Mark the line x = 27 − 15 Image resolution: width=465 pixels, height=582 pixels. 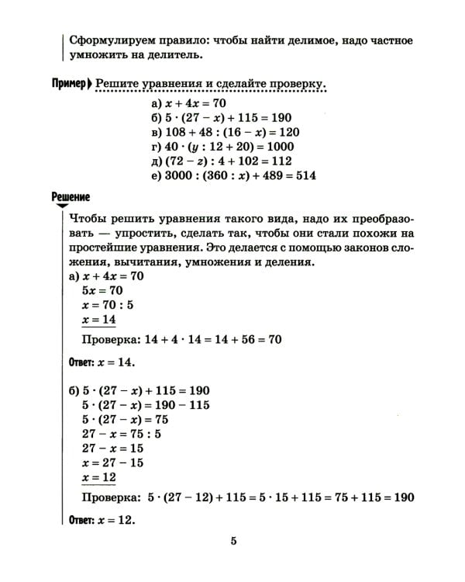[x=112, y=463]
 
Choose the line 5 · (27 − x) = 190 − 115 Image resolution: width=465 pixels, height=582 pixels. [x=145, y=404]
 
